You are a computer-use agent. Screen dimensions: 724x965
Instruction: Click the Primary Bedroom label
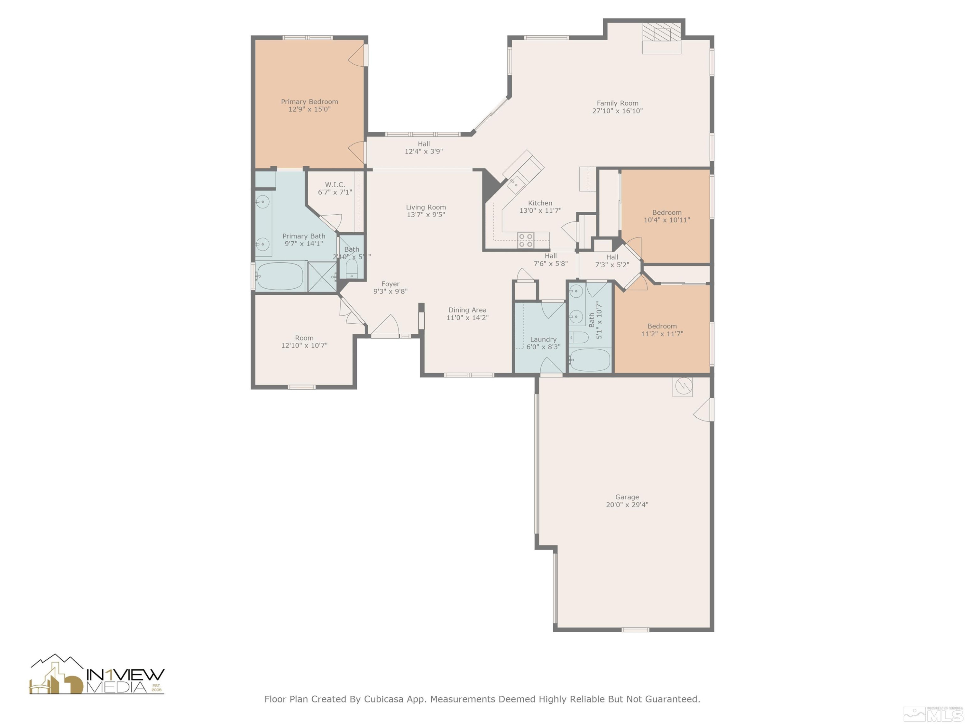pos(309,102)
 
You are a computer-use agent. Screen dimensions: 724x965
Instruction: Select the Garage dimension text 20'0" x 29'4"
pos(627,505)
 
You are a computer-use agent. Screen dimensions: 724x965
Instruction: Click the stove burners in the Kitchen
pos(526,240)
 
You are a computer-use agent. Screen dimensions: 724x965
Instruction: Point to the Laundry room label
pos(543,339)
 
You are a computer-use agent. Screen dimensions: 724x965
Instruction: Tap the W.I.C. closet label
pos(335,185)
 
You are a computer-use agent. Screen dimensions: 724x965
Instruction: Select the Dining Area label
pos(467,310)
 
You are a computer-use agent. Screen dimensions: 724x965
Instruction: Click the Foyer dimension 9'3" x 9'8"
pos(391,292)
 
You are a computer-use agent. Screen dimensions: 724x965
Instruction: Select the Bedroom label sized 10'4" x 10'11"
pos(666,212)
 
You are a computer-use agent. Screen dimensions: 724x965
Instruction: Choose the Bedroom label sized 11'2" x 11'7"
pos(662,326)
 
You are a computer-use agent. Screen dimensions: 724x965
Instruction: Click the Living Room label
pos(426,207)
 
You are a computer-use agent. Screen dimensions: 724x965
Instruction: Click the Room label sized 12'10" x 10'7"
pos(304,338)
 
